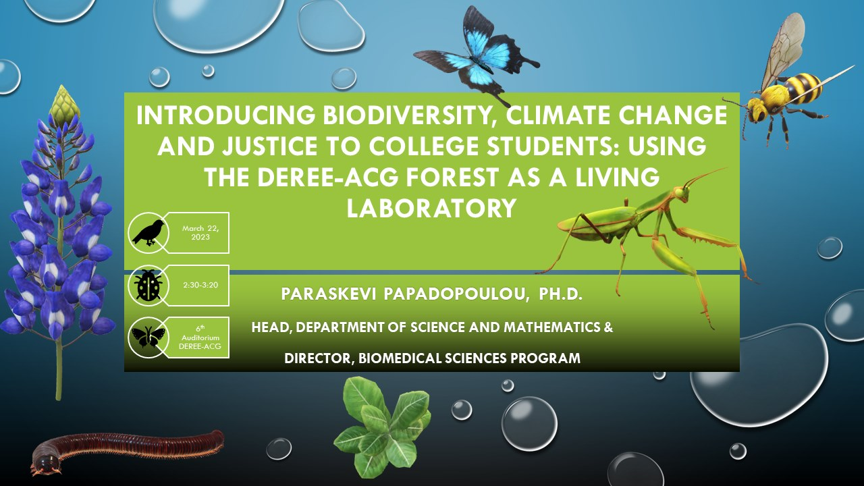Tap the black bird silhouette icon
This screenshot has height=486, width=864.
click(x=148, y=233)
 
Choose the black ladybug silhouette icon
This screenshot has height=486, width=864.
click(x=148, y=286)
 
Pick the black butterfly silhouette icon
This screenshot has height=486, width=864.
click(x=148, y=337)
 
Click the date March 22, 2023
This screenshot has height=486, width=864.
click(x=200, y=233)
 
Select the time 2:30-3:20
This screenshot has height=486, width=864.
click(x=200, y=285)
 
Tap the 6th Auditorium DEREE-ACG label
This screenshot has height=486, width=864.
click(x=200, y=337)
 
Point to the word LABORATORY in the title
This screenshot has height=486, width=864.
click(x=431, y=209)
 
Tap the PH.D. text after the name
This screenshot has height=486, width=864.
click(x=560, y=294)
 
